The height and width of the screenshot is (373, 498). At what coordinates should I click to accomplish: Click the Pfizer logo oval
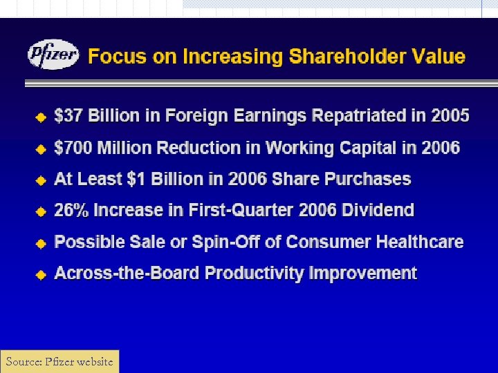[54, 55]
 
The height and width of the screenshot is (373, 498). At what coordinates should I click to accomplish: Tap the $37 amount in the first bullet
[67, 115]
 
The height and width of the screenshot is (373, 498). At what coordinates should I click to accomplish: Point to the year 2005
[450, 115]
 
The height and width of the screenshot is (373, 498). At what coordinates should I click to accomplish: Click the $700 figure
[73, 147]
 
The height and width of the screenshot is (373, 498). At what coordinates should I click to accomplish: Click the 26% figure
[71, 210]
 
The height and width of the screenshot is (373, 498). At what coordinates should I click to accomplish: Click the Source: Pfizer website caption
[59, 361]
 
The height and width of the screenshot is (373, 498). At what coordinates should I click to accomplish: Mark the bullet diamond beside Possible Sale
[41, 242]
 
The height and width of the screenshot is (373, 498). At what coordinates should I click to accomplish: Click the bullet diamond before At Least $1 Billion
[41, 180]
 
